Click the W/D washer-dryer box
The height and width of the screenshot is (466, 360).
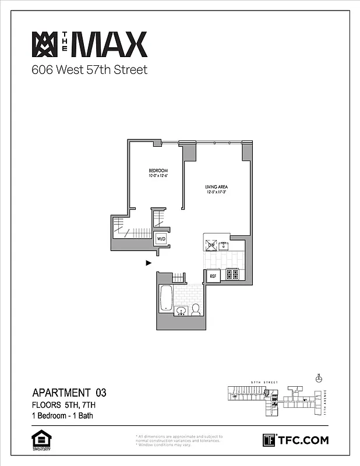coord(161,239)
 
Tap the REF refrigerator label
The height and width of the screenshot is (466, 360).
coord(213,276)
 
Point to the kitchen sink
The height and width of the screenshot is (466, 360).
coord(223,246)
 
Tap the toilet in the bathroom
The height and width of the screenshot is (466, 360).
coord(196,309)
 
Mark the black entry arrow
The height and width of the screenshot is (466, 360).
coord(149,263)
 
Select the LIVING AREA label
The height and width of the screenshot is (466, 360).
coord(216,186)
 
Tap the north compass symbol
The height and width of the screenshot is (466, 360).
coord(318,379)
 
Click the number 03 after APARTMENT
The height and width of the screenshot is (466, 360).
coord(99,393)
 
